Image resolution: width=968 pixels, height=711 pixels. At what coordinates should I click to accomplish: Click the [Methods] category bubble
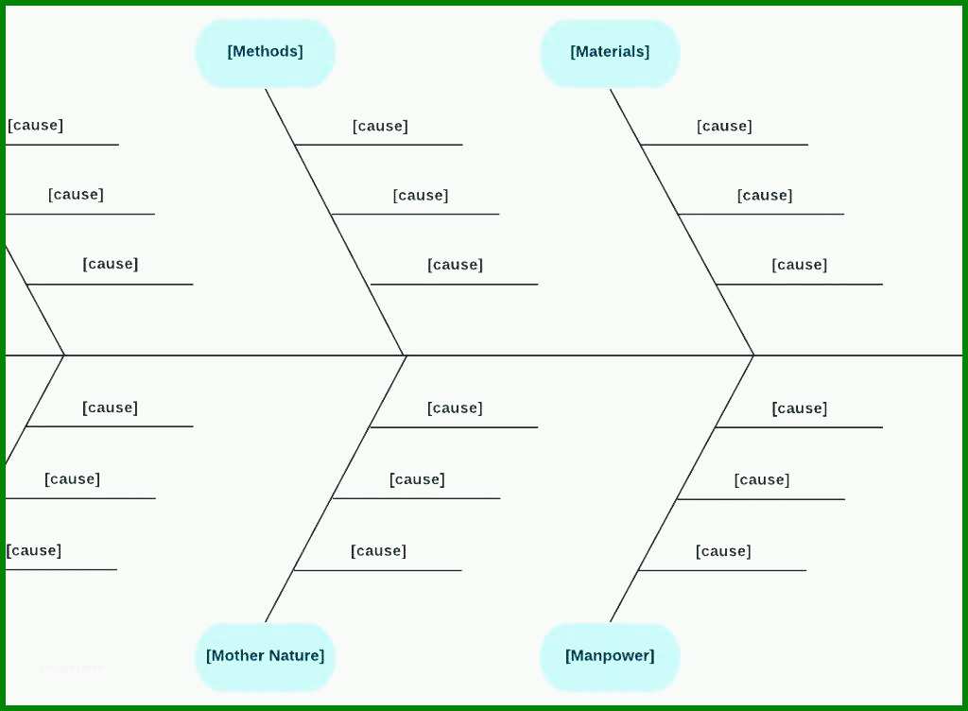pyautogui.click(x=266, y=52)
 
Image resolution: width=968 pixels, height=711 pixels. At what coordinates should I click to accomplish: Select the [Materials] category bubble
pyautogui.click(x=610, y=52)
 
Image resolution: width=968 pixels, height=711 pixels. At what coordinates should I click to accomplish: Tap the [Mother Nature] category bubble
pyautogui.click(x=266, y=656)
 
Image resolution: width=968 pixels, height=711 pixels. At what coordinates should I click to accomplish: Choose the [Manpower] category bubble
pyautogui.click(x=610, y=656)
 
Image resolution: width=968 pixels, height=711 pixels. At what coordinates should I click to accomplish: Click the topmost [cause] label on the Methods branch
pyautogui.click(x=380, y=127)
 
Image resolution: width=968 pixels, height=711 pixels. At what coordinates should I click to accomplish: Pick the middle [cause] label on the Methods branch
pyautogui.click(x=421, y=196)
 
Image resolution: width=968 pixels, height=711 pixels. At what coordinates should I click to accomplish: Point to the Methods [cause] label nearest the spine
pyautogui.click(x=455, y=265)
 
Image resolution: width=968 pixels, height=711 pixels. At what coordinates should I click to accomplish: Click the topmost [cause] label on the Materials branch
pyautogui.click(x=724, y=127)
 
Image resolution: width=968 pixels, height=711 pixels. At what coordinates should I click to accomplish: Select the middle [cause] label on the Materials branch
pyautogui.click(x=765, y=196)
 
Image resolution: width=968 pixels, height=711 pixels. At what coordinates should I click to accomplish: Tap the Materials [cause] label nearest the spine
pyautogui.click(x=800, y=265)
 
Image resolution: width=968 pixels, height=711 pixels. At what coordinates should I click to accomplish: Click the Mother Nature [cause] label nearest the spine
pyautogui.click(x=455, y=408)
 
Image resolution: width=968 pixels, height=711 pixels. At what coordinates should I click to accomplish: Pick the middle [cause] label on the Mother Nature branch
pyautogui.click(x=417, y=479)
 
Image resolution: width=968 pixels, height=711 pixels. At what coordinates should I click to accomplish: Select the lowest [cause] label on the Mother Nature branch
pyautogui.click(x=378, y=551)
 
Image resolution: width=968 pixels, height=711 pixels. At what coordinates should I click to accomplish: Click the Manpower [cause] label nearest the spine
pyautogui.click(x=800, y=408)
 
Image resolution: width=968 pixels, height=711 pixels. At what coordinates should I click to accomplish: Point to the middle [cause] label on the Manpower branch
pyautogui.click(x=762, y=480)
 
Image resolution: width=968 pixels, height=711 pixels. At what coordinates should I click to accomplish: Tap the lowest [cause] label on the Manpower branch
pyautogui.click(x=723, y=551)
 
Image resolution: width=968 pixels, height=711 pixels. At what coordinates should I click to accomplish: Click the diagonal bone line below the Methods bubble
pyautogui.click(x=336, y=222)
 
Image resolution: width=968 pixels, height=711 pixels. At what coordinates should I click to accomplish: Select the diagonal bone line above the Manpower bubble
pyautogui.click(x=683, y=489)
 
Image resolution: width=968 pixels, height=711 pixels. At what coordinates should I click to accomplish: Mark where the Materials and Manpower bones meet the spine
pyautogui.click(x=753, y=355)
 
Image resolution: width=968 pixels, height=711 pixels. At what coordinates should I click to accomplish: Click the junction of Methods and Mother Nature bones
pyautogui.click(x=406, y=355)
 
